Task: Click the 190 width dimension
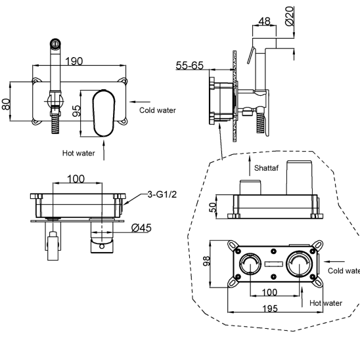[74, 61]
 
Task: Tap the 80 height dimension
[6, 104]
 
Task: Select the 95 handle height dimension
[76, 111]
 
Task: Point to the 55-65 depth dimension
[189, 66]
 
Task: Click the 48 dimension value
[264, 22]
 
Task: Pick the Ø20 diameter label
[290, 16]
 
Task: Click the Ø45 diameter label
[141, 228]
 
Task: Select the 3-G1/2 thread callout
[162, 194]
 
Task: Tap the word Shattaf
[266, 168]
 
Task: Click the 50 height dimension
[214, 207]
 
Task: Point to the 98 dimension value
[206, 261]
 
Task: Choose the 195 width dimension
[270, 308]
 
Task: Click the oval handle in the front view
[104, 113]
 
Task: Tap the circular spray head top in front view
[55, 43]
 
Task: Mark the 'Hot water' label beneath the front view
[79, 153]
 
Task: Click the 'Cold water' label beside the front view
[158, 110]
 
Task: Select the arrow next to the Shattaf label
[250, 166]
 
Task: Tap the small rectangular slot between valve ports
[273, 264]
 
